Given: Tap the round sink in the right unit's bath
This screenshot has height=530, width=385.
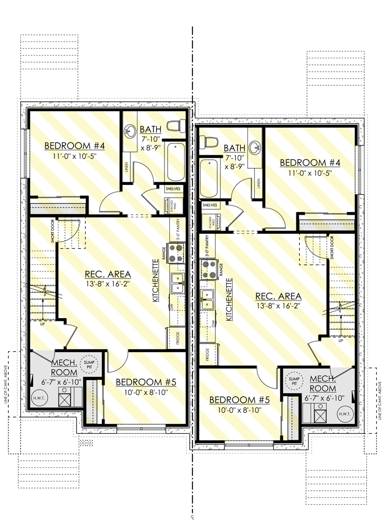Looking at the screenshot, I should (255, 147).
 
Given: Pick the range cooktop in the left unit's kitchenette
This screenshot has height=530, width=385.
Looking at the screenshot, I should (177, 254).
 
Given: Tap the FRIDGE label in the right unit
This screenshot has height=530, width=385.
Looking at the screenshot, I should (207, 354).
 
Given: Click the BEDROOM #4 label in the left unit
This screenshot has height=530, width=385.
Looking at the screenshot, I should (74, 146).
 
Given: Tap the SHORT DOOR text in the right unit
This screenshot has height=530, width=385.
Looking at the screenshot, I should (333, 248).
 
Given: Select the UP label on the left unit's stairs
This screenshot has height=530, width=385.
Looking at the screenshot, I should (42, 324).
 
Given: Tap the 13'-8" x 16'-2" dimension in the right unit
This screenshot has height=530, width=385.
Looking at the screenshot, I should (277, 305).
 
